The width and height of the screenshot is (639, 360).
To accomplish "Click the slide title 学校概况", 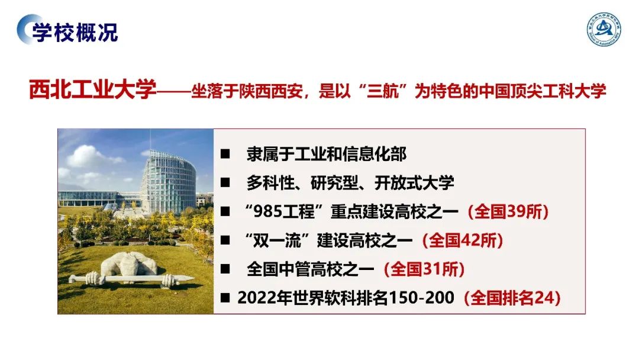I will [75, 31].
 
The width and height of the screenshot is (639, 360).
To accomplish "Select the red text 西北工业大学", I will [93, 91].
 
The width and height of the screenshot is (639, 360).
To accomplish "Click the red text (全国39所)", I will [508, 211].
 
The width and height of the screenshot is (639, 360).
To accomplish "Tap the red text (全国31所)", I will [424, 269].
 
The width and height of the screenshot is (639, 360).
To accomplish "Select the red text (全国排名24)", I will [512, 298].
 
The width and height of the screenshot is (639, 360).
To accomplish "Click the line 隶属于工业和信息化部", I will [326, 155].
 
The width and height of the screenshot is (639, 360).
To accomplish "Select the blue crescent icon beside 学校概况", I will [25, 30].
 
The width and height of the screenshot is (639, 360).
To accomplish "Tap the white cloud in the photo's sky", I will [89, 156].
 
